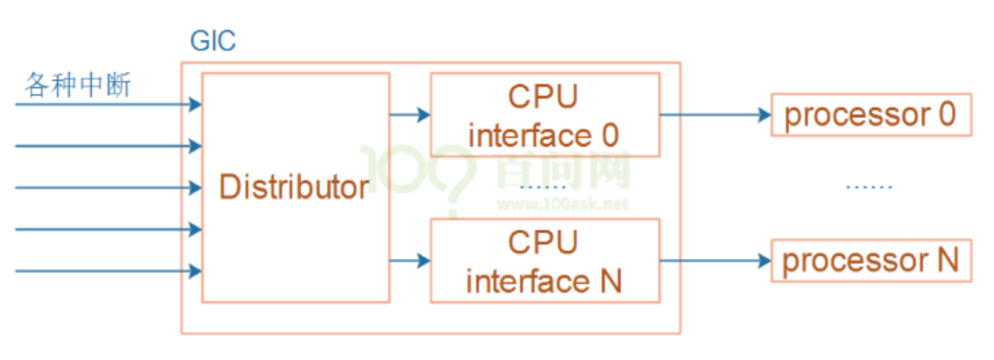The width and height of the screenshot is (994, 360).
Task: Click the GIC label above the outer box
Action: click(x=213, y=41)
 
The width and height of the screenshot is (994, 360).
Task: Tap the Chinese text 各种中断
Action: click(x=78, y=85)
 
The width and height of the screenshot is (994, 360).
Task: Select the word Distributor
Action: click(x=294, y=188)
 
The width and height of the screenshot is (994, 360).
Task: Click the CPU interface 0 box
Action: click(x=544, y=115)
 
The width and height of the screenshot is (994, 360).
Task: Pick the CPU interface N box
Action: click(x=544, y=260)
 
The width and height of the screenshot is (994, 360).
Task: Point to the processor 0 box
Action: click(x=871, y=115)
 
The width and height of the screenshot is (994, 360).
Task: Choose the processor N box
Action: click(x=871, y=260)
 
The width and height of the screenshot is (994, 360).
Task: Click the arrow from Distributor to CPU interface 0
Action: click(x=410, y=115)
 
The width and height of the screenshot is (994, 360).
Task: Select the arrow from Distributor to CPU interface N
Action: click(x=410, y=260)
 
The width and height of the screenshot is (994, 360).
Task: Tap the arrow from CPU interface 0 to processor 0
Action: click(x=716, y=115)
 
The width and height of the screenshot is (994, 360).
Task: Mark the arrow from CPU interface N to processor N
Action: click(x=716, y=260)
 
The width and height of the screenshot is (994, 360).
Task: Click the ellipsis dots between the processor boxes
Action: click(x=869, y=188)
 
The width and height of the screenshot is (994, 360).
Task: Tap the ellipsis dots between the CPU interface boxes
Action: click(x=541, y=188)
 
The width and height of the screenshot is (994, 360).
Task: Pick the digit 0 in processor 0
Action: click(x=947, y=115)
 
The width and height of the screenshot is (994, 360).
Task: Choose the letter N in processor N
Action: click(x=947, y=260)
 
